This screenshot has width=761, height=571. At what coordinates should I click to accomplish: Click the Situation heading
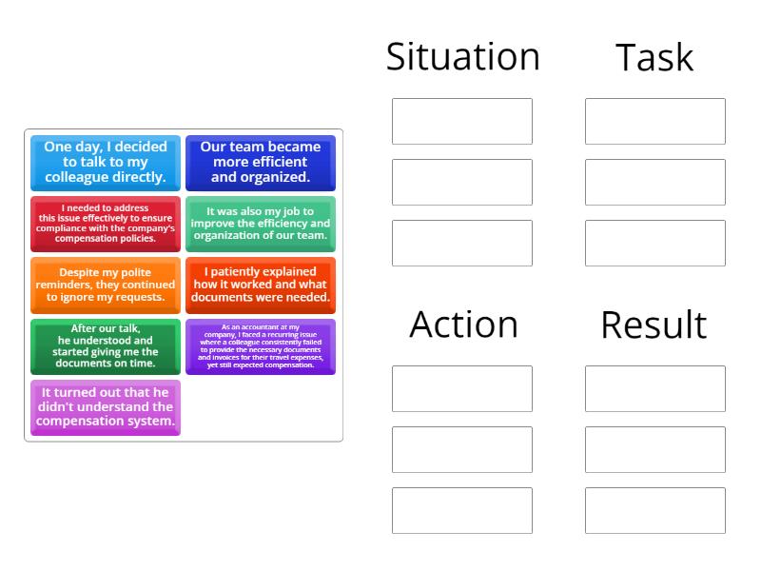pos(462,57)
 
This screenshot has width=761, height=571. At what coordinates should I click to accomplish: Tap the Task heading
pos(654,58)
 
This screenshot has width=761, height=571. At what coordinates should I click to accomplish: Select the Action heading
pos(463,325)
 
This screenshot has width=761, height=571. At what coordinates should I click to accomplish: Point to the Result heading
pos(654,325)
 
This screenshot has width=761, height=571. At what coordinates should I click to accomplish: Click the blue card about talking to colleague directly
pos(106,163)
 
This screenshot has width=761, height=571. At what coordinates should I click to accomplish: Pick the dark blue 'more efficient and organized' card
pos(261,163)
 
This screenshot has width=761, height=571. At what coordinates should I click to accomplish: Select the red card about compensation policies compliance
pos(106,224)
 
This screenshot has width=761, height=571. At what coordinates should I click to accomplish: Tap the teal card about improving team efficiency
pos(261,224)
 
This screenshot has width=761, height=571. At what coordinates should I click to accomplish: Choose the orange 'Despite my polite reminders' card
pos(106,285)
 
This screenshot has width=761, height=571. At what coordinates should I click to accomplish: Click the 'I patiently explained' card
pos(261,285)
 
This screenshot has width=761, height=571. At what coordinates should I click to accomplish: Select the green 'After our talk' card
pos(106,346)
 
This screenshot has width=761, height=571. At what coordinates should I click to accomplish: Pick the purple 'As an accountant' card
pos(261,346)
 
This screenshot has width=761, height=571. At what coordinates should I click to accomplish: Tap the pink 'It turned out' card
pos(106,407)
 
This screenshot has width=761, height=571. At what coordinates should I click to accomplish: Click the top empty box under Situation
pos(462,122)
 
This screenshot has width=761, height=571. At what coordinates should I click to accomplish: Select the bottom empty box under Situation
pos(462,244)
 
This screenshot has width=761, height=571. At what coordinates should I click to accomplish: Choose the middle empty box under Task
pos(655,183)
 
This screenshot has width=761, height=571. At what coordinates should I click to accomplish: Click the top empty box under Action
pos(462,389)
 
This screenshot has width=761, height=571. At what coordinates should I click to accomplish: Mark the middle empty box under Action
pos(462,450)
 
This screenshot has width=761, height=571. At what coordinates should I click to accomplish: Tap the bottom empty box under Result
pos(655,511)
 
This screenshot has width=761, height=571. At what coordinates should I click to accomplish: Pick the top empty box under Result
pos(655,389)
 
